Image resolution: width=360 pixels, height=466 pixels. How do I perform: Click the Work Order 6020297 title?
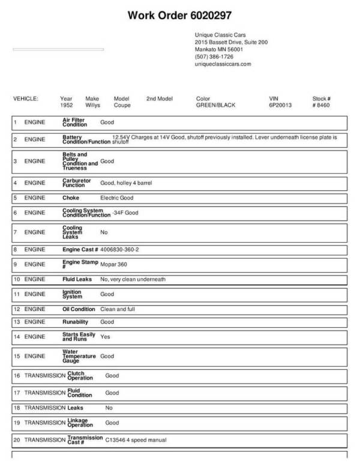tap(180, 15)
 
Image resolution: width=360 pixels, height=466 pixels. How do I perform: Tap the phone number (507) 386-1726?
tap(214, 56)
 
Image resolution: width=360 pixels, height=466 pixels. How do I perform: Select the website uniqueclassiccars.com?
tap(223, 64)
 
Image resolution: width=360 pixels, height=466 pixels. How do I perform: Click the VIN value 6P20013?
tap(280, 105)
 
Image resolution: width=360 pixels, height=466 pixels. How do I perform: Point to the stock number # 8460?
tap(321, 105)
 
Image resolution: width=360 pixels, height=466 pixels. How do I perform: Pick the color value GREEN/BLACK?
tap(215, 105)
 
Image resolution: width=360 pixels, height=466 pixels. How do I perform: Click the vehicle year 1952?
tap(67, 105)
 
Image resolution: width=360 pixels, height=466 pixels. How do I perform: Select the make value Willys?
tap(93, 105)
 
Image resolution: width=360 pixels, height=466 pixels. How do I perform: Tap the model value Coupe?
tap(122, 105)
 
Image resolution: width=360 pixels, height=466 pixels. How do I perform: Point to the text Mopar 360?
tap(113, 264)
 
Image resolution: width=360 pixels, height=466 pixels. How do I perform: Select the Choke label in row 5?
tap(71, 198)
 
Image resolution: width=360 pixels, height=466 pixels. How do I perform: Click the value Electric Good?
tap(117, 198)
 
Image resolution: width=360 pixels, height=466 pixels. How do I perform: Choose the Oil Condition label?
tap(79, 309)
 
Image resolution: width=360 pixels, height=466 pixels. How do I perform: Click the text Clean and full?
tap(118, 309)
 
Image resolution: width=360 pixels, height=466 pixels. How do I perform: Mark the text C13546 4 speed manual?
tap(136, 440)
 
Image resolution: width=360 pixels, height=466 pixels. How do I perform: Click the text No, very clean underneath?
tap(133, 279)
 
